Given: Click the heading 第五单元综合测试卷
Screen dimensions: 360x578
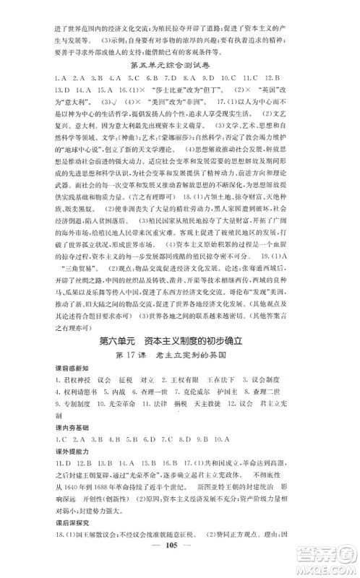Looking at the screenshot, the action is point(180,63).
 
